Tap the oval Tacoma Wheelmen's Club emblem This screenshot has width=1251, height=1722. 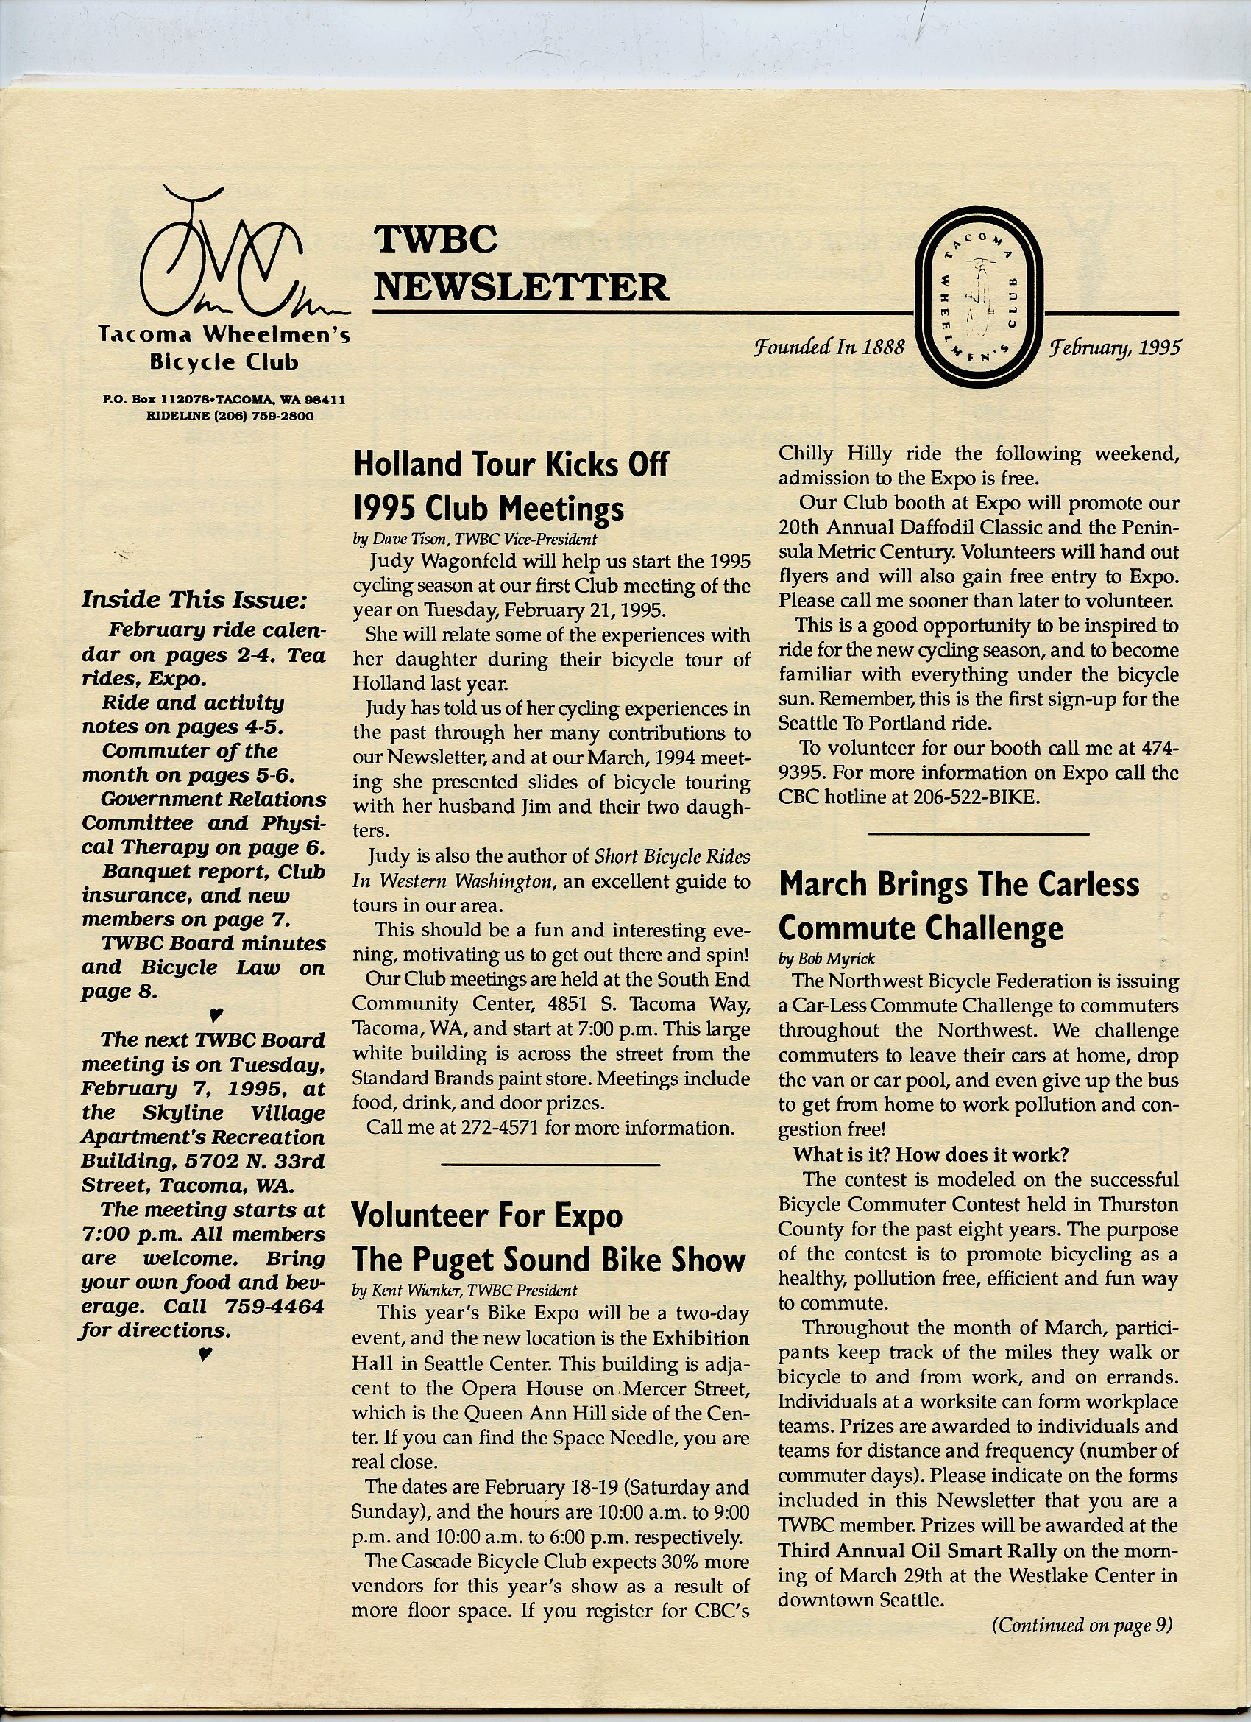[980, 297]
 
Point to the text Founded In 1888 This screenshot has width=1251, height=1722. [829, 347]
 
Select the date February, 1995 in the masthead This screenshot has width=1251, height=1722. [1114, 347]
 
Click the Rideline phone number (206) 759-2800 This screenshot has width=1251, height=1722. [272, 416]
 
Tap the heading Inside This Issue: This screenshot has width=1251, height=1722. [194, 600]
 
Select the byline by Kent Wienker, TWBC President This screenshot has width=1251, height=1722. [464, 1290]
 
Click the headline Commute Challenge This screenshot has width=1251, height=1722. [921, 928]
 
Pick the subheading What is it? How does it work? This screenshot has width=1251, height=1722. [931, 1154]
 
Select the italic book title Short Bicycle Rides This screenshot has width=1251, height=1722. [672, 856]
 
